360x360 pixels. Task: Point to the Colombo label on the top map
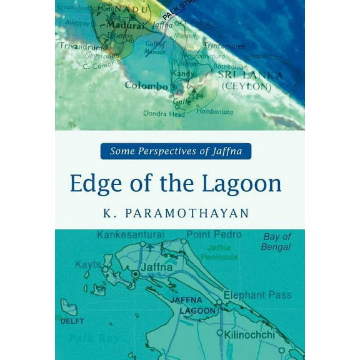point(146,86)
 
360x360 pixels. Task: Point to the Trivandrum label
point(79,46)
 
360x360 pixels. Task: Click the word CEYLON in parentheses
point(247,86)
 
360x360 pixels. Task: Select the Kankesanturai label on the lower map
point(131,235)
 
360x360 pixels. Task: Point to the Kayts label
point(87,265)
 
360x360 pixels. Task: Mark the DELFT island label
point(71,321)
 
